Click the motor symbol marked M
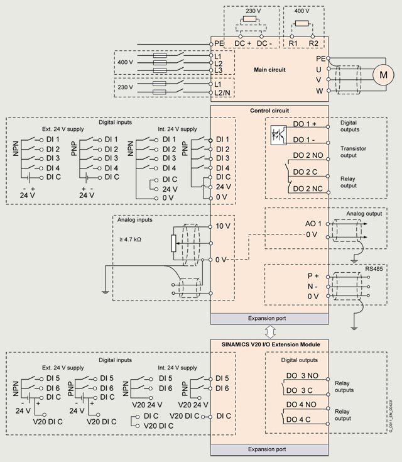383,75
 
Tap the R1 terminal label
293,43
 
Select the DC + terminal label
242,43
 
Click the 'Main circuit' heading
269,70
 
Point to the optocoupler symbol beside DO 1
278,135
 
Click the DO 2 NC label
308,189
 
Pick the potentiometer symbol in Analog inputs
173,243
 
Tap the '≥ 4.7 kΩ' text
130,239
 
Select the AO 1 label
313,224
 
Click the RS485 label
374,269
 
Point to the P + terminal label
313,276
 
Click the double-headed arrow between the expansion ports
269,332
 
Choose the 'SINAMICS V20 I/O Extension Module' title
271,344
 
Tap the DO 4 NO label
301,405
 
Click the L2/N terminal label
222,93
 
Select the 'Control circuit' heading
269,111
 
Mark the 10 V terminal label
223,226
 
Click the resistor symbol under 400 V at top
301,24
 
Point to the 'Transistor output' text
353,152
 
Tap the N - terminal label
312,287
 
